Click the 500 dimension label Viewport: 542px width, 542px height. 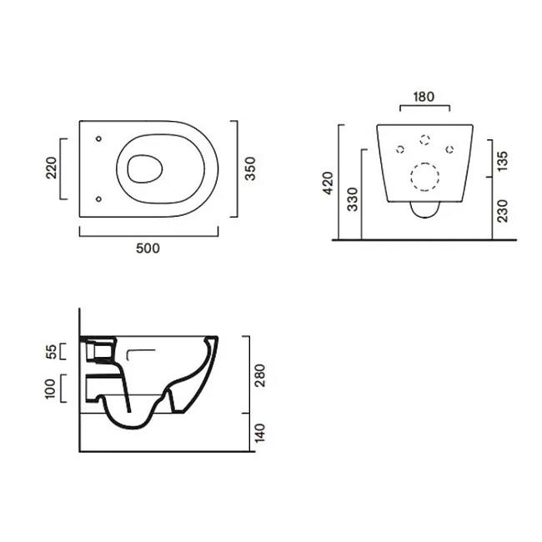coord(148,248)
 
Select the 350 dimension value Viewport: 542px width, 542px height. coord(250,168)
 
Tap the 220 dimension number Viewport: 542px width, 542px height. coord(51,168)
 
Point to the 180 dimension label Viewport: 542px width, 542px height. coord(424,97)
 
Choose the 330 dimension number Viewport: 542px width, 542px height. coord(352,199)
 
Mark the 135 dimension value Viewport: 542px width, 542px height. coord(502,161)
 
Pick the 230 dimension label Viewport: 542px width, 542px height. coord(502,211)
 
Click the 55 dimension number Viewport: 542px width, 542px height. coord(51,352)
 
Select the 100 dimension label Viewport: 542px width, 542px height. coord(51,389)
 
